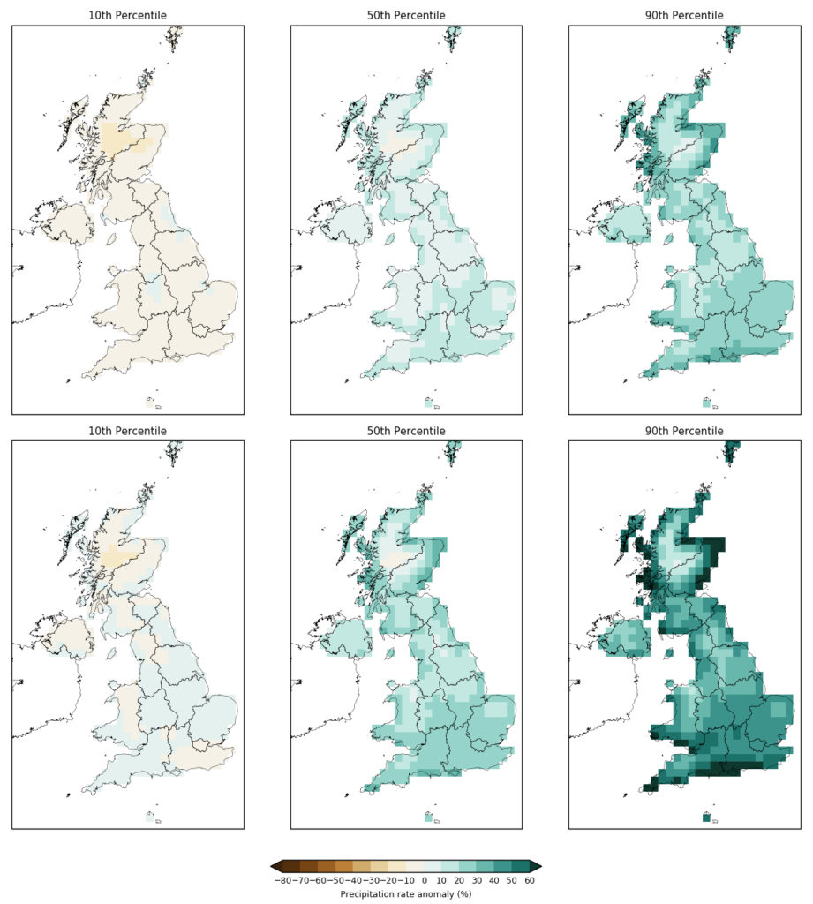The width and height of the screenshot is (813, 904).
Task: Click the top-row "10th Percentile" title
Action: pyautogui.click(x=128, y=16)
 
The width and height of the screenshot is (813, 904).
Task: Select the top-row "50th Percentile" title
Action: pyautogui.click(x=406, y=16)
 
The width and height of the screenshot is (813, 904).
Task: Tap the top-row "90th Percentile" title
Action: pyautogui.click(x=684, y=16)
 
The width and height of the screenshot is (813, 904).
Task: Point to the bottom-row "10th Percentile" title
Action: pyautogui.click(x=128, y=431)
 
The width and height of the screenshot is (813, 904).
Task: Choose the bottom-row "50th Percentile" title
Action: pyautogui.click(x=406, y=431)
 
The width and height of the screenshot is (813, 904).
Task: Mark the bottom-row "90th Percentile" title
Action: pyautogui.click(x=684, y=431)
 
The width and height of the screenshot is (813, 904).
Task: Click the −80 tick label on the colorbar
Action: pyautogui.click(x=282, y=880)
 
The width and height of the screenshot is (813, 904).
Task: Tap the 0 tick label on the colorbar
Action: pyautogui.click(x=424, y=880)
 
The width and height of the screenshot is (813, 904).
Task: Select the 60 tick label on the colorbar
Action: pyautogui.click(x=529, y=880)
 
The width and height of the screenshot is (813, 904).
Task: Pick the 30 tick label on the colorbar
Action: pyautogui.click(x=477, y=880)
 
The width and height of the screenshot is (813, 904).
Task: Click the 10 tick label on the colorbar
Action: pyautogui.click(x=441, y=880)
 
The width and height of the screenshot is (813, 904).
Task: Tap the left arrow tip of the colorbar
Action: pyautogui.click(x=273, y=866)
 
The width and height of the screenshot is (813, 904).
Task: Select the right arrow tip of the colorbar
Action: pyautogui.click(x=538, y=866)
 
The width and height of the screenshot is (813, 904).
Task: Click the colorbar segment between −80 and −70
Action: pyautogui.click(x=291, y=866)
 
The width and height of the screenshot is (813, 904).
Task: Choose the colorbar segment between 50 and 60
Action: pyautogui.click(x=520, y=866)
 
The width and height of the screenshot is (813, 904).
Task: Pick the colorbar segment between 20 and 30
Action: pyautogui.click(x=468, y=866)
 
